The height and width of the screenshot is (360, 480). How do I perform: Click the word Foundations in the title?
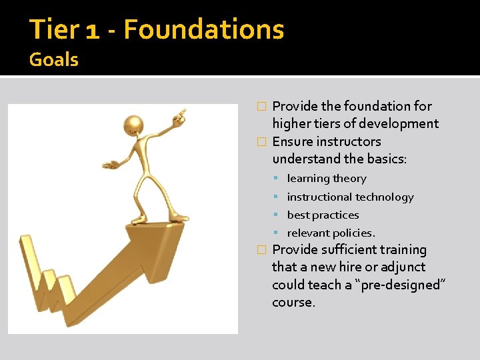coord(204,30)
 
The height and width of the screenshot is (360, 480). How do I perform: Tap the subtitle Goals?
coord(54,60)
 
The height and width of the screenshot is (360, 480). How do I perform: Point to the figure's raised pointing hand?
coord(179,116)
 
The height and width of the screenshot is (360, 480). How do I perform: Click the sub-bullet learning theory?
coord(327,179)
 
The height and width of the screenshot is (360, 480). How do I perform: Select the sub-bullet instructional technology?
coord(350,197)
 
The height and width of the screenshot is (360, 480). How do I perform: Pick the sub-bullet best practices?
coord(323,215)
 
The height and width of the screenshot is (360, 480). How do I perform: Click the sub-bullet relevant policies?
coord(331,233)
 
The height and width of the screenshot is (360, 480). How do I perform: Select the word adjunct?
coord(403,267)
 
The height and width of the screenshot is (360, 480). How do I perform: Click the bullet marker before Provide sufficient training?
coord(261,250)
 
